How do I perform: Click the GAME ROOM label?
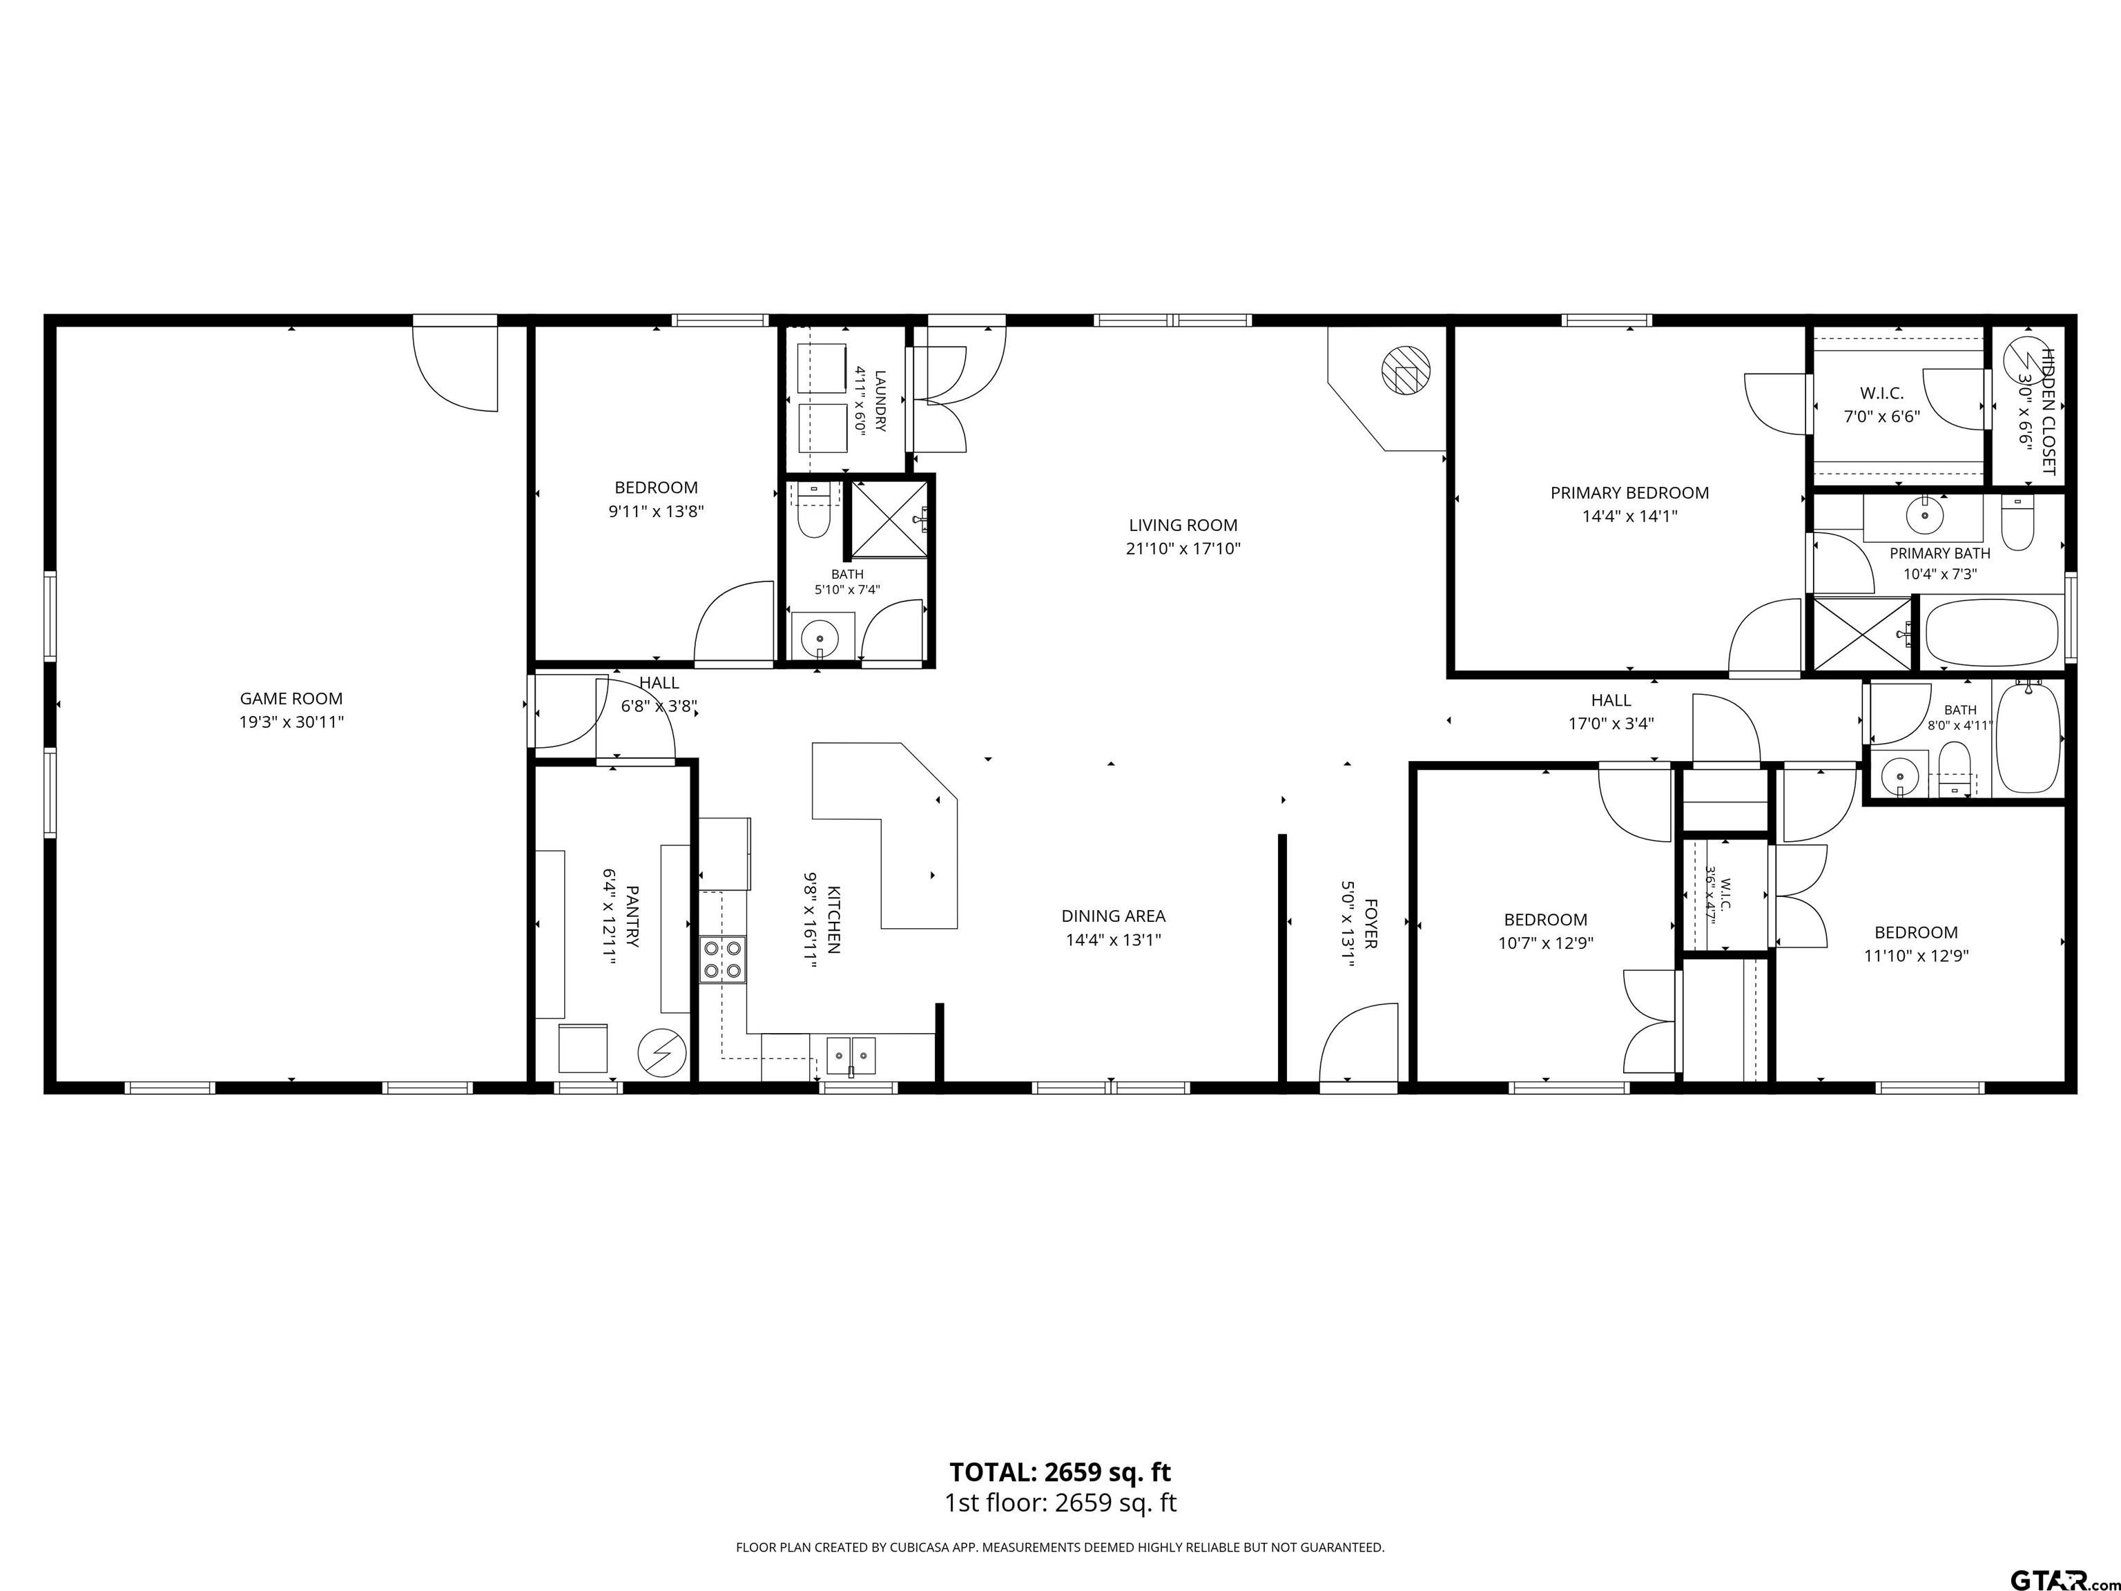(x=291, y=699)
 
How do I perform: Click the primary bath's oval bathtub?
(x=1991, y=633)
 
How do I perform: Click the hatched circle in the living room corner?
(x=1405, y=368)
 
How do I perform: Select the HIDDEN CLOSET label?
(x=2048, y=412)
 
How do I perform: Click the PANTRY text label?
(x=632, y=916)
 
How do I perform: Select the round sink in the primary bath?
(x=1924, y=516)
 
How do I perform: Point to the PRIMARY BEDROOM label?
(x=1629, y=493)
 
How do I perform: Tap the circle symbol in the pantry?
(x=663, y=1053)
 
